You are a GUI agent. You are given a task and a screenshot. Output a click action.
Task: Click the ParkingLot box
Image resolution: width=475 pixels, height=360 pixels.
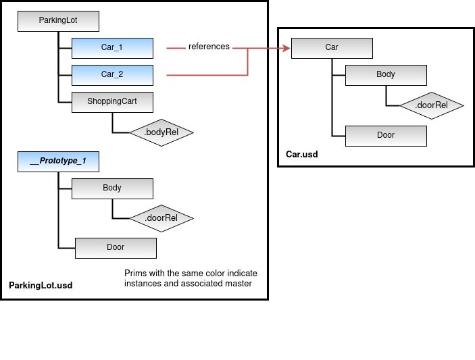click(x=59, y=21)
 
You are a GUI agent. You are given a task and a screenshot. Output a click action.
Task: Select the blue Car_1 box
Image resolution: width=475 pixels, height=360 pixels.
click(x=112, y=48)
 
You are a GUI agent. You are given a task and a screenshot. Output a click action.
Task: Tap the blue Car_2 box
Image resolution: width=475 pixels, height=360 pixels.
click(x=112, y=75)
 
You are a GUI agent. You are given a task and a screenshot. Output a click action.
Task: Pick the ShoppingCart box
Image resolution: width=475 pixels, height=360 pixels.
click(x=112, y=102)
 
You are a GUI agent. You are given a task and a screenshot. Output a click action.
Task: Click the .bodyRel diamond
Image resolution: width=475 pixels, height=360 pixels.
click(x=161, y=132)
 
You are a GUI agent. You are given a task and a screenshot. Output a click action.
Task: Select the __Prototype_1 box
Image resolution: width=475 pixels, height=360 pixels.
click(x=59, y=162)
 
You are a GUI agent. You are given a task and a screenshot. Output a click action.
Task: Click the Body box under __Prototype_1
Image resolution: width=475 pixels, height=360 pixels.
click(x=112, y=188)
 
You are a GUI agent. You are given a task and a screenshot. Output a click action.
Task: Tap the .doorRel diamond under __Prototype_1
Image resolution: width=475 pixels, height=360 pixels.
click(x=161, y=218)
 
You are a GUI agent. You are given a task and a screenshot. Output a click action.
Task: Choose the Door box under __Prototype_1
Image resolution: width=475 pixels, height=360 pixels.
click(x=116, y=247)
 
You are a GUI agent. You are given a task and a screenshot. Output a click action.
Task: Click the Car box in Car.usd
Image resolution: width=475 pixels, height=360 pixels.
click(x=332, y=48)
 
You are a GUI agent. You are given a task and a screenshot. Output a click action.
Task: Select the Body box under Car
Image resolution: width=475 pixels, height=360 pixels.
click(x=386, y=75)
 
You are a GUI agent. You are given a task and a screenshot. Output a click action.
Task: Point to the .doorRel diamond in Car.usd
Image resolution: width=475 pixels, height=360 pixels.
click(x=432, y=105)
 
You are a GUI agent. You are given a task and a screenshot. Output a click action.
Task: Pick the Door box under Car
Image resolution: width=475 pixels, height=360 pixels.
click(x=386, y=135)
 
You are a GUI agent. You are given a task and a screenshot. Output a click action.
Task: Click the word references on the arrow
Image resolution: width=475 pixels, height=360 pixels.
click(x=209, y=47)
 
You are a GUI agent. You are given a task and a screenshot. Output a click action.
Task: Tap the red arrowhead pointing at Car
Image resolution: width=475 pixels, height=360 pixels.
click(x=286, y=48)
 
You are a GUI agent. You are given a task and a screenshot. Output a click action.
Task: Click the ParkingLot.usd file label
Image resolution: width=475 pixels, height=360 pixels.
click(x=41, y=286)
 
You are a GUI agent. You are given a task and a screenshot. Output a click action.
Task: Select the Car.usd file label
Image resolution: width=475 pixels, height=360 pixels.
click(x=301, y=155)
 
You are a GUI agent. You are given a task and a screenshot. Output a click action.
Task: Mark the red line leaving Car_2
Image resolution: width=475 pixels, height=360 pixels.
click(x=203, y=75)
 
